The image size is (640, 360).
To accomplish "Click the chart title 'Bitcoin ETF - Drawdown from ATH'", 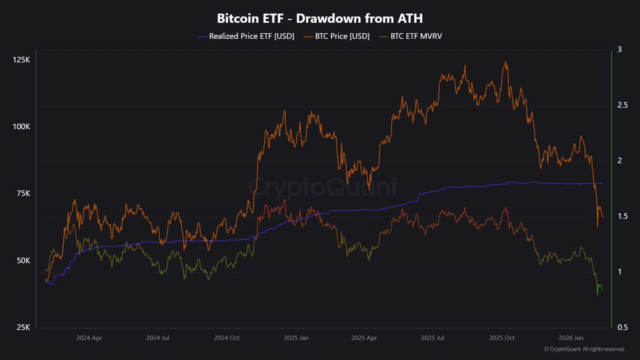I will coord(320,18).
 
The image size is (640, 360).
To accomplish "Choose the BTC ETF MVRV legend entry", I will coord(414,36).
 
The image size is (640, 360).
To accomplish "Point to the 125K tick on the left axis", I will coord(21,60).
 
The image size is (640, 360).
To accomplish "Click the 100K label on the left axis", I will coord(21,127).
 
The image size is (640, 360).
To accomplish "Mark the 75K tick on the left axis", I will coord(22,194).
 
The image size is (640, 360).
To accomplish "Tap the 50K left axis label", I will coord(22,261).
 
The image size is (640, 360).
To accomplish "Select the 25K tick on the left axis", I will coord(22,327).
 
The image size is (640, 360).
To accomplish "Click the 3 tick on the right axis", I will coord(619,50).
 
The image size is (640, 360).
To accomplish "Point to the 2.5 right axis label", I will coord(622,105).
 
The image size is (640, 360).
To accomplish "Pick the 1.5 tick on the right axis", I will coord(622,216).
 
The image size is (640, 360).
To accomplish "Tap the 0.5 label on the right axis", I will coord(622,327).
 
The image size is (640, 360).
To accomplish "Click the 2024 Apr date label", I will coord(89,338).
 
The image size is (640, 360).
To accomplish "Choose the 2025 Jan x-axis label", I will coord(296,338).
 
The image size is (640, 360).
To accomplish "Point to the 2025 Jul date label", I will coord(433,338).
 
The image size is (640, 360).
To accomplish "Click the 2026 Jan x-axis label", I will coord(571,338).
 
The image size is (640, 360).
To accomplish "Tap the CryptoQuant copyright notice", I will coord(584,349).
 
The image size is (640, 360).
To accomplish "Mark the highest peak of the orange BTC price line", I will coord(505,62).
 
